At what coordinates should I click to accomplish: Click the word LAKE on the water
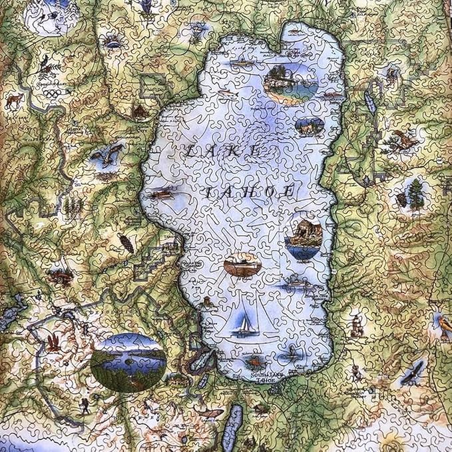pyautogui.click(x=223, y=152)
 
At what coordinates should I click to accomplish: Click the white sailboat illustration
pyautogui.click(x=245, y=325)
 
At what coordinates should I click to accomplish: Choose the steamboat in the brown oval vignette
pyautogui.click(x=242, y=265)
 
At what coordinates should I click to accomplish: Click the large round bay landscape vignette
pyautogui.click(x=128, y=362)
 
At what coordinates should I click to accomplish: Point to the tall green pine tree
pyautogui.click(x=415, y=194)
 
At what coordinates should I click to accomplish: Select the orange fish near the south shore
pyautogui.click(x=254, y=362)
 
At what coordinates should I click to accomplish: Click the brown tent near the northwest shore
pyautogui.click(x=139, y=111)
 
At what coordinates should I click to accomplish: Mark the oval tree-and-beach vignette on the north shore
pyautogui.click(x=288, y=83)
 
